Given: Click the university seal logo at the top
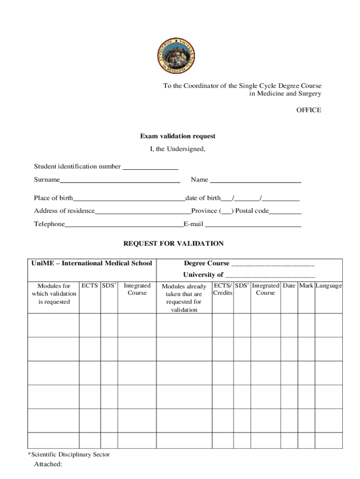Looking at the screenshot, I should pyautogui.click(x=177, y=55).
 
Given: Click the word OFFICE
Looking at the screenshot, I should pyautogui.click(x=309, y=110).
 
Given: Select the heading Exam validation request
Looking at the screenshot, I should pyautogui.click(x=178, y=136).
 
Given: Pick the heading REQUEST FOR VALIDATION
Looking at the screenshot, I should pyautogui.click(x=173, y=244).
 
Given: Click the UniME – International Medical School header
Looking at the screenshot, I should pyautogui.click(x=92, y=263).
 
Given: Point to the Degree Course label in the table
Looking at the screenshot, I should pyautogui.click(x=207, y=263).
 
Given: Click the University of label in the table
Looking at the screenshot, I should pyautogui.click(x=203, y=275).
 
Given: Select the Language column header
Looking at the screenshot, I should pyautogui.click(x=329, y=286).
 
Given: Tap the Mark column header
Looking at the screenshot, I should pyautogui.click(x=306, y=286).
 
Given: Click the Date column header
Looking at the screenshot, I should pyautogui.click(x=289, y=286).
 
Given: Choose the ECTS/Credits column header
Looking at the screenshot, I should pyautogui.click(x=223, y=289).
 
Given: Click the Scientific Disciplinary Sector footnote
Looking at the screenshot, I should pyautogui.click(x=69, y=454).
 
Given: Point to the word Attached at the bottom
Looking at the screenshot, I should pyautogui.click(x=48, y=464).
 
